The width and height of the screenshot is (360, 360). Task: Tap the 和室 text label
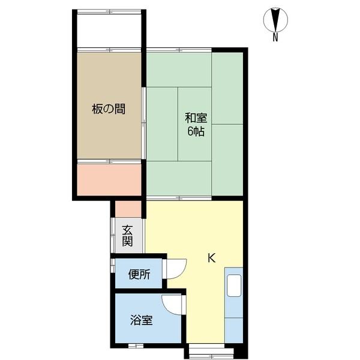pos(196,118)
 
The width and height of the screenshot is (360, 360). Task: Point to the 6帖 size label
pos(196,131)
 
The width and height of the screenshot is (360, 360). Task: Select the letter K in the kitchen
pos(211,259)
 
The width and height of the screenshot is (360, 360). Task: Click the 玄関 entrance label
pos(128,235)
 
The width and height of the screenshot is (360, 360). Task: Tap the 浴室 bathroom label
pos(142,320)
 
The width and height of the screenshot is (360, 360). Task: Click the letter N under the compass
pos(275,38)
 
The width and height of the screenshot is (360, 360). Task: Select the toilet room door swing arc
pos(175,269)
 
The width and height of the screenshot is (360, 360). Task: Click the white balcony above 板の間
pos(109,29)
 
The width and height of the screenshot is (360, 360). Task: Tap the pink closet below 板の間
pos(109,178)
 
